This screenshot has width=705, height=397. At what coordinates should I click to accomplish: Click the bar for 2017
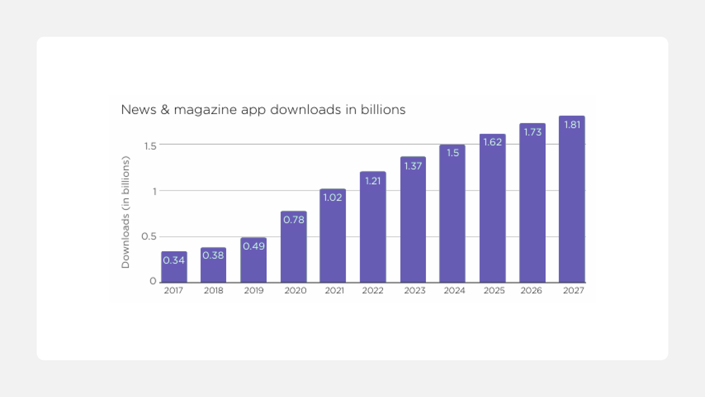tap(174, 268)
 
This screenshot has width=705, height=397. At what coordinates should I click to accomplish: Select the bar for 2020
tap(294, 247)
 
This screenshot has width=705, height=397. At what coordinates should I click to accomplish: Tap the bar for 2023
tap(413, 221)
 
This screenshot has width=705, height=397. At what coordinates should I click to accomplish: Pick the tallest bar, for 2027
tap(572, 200)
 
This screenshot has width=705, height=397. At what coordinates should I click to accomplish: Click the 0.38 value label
tap(213, 256)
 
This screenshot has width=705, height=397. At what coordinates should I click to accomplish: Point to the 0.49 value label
tap(253, 246)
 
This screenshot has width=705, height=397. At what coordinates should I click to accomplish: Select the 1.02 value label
tap(333, 198)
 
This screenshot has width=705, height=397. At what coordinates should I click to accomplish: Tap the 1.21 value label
tap(372, 181)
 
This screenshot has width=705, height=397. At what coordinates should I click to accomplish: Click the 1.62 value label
tap(492, 142)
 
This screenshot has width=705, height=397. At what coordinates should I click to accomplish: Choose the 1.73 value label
tap(532, 132)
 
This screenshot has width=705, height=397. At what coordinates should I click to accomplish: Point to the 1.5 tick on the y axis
tap(149, 145)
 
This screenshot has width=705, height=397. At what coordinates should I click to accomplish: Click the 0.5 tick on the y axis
tap(149, 236)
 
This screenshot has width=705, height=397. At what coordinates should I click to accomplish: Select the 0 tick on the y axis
tap(153, 282)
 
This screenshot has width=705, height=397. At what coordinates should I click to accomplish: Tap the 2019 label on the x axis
tap(253, 291)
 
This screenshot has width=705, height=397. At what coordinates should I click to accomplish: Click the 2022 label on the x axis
tap(372, 291)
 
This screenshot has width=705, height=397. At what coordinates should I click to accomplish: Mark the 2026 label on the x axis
tap(532, 291)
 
